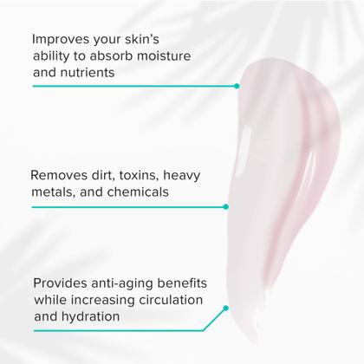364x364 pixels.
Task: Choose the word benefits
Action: point(192,284)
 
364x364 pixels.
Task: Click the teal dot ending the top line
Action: point(237,86)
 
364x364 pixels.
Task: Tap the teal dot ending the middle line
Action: point(225,206)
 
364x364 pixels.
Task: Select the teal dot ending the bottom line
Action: point(225,308)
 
